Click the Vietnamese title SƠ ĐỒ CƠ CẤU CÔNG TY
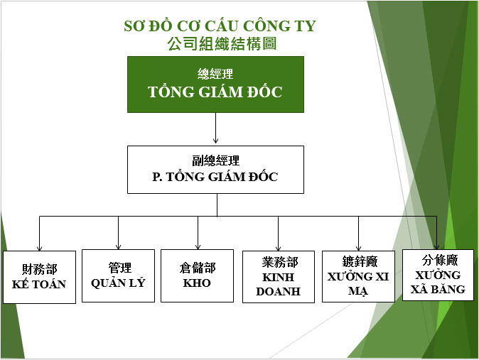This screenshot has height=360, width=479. (220, 26)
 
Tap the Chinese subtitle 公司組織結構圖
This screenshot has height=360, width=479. (222, 43)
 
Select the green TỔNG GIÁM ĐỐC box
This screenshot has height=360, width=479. (215, 84)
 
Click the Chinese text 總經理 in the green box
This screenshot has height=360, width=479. (215, 74)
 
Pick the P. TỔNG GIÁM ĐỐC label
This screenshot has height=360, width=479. (215, 177)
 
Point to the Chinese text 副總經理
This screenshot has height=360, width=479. (215, 160)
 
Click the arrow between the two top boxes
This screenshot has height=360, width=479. (215, 128)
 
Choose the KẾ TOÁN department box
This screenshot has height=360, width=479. (39, 277)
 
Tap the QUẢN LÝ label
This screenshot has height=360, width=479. (118, 283)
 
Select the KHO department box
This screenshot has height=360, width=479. (198, 276)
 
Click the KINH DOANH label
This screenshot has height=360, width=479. (279, 284)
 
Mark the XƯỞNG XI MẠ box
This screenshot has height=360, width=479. (358, 277)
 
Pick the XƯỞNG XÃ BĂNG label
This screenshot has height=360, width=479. (438, 282)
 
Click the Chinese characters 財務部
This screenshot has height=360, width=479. (39, 269)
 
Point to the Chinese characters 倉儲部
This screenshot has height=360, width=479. (198, 268)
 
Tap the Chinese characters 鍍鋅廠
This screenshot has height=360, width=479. (360, 261)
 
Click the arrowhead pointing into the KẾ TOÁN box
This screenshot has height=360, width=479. (39, 249)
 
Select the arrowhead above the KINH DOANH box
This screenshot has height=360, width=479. (279, 249)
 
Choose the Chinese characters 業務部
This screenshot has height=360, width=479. (280, 262)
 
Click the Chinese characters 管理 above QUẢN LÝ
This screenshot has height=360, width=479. (120, 268)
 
